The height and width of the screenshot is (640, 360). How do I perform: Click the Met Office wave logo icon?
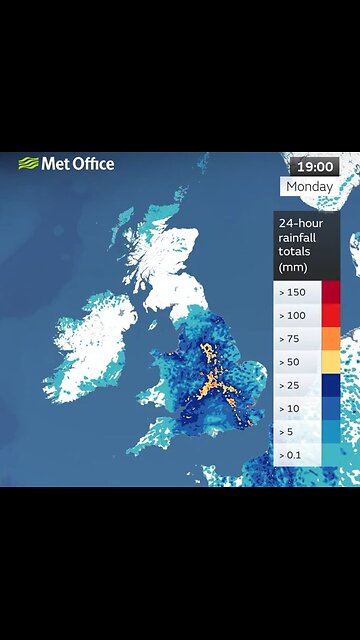click(x=29, y=164)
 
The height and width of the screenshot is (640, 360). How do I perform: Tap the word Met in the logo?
click(x=56, y=164)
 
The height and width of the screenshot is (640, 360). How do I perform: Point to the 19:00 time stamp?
click(x=314, y=166)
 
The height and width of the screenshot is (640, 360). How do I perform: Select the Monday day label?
click(x=310, y=187)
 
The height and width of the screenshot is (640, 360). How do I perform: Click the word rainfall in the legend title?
click(x=301, y=237)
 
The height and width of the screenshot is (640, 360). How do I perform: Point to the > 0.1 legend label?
click(x=294, y=455)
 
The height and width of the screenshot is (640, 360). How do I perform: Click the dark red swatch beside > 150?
click(x=331, y=292)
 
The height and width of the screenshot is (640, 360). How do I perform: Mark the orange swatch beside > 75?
click(x=331, y=338)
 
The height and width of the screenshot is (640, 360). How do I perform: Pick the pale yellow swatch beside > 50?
click(x=331, y=361)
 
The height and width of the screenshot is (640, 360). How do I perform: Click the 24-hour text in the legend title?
click(x=303, y=222)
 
